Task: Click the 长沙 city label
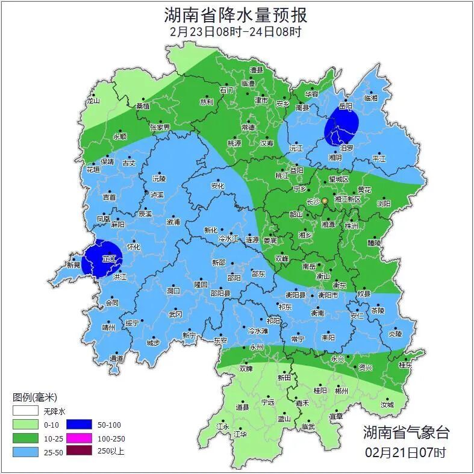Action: pos(314,202)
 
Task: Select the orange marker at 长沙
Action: pos(325,201)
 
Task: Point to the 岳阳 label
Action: pos(345,105)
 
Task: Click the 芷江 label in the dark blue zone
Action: pos(108,258)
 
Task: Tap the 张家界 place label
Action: pos(160,128)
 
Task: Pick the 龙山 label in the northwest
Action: pos(93,101)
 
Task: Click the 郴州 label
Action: pos(341,390)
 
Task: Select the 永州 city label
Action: pos(256,348)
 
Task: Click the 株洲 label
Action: pos(352,225)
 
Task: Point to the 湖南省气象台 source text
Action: pos(406,432)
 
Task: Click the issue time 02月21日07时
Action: pos(406,451)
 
